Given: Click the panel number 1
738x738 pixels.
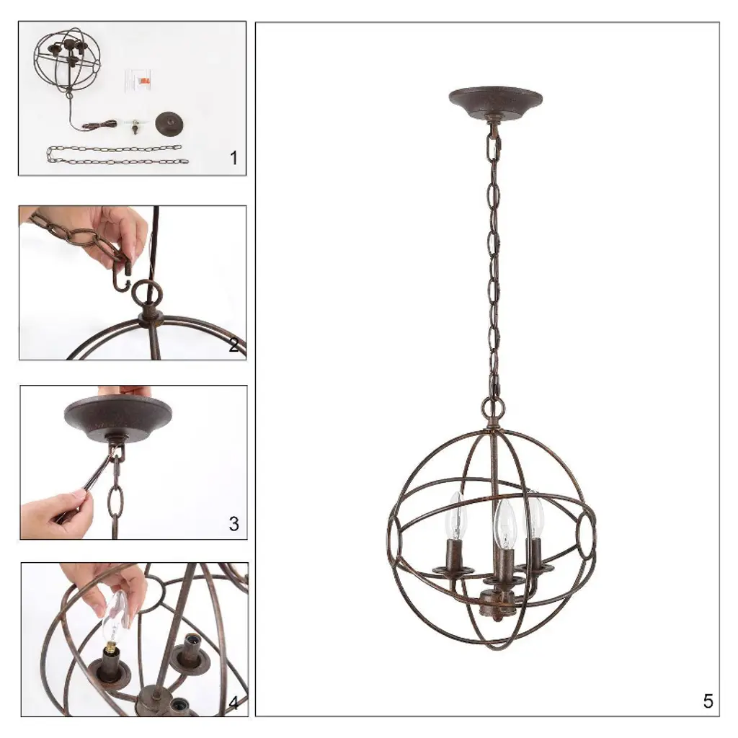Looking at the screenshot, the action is (234, 158).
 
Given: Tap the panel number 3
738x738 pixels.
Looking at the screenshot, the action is (234, 523).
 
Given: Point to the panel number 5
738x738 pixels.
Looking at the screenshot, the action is (708, 701).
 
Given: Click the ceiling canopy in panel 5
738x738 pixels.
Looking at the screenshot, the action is (495, 101).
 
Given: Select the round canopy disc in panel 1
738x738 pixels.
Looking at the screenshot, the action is (169, 123).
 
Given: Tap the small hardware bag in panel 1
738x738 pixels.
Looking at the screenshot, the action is (140, 81).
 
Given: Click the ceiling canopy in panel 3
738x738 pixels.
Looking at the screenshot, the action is (117, 415).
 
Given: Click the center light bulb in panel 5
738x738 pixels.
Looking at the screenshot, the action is (505, 523).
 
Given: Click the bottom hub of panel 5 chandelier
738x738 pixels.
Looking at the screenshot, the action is (497, 604).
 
